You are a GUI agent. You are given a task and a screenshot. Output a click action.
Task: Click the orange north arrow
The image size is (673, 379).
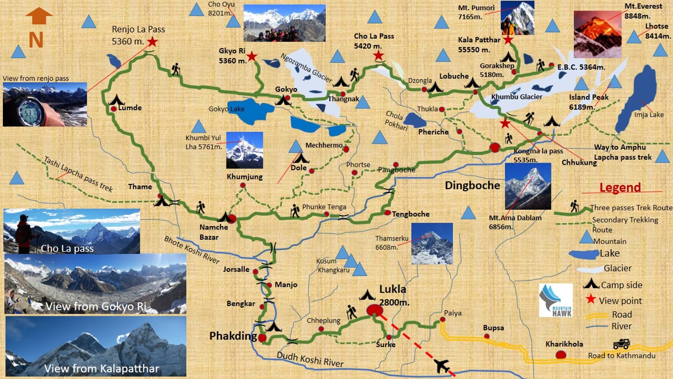click(39, 16)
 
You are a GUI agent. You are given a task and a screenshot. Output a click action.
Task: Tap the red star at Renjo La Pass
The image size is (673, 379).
click(152, 42)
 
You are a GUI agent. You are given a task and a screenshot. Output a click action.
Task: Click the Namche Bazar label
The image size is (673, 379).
click(213, 232)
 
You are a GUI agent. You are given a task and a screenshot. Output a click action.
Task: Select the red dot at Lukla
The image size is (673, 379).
click(374, 311)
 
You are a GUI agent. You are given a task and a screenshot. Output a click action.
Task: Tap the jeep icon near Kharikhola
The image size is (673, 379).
click(621, 344)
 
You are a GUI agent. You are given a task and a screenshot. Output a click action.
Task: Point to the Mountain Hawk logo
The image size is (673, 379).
click(556, 300)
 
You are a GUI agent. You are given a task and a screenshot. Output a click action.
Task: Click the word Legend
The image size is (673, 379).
click(620, 187)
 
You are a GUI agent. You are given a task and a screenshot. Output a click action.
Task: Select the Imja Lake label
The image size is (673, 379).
click(649, 115)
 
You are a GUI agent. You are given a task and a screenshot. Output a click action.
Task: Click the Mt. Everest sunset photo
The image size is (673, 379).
click(597, 35)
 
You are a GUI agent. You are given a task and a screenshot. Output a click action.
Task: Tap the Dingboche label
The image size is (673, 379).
click(472, 185)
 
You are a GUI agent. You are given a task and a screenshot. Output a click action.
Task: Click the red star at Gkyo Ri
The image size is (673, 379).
click(252, 56)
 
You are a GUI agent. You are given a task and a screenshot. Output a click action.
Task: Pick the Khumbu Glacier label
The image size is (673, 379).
click(517, 97)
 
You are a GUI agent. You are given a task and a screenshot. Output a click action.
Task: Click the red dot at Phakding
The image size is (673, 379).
click(262, 338)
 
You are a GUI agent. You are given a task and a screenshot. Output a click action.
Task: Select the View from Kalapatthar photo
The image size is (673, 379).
click(96, 346)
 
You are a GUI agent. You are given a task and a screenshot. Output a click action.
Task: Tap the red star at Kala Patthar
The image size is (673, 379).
click(508, 40)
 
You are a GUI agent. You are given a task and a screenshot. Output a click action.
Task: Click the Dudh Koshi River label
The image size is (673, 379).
click(310, 359)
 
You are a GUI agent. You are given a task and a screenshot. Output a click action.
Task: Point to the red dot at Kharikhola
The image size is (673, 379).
click(561, 355)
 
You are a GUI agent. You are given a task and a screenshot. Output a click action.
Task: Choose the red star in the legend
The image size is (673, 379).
click(591, 299)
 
